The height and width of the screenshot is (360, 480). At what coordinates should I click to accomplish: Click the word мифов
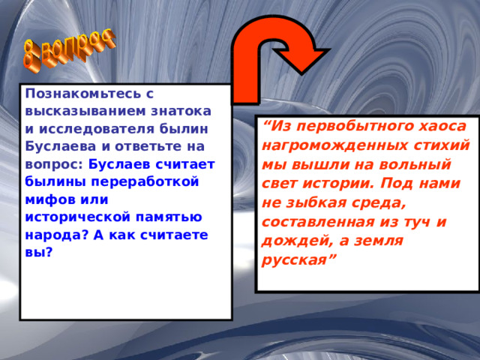tap(47, 199)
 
